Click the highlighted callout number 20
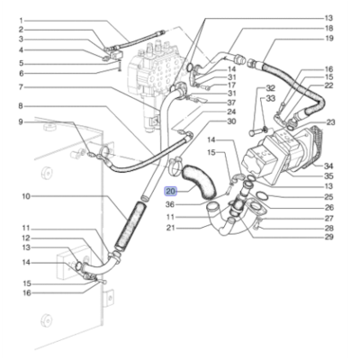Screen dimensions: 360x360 pyautogui.click(x=171, y=191)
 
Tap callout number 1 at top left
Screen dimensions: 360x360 pyautogui.click(x=21, y=21)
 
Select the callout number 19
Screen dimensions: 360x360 pyautogui.click(x=328, y=39)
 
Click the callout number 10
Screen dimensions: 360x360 pyautogui.click(x=26, y=196)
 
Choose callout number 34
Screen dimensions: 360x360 pyautogui.click(x=328, y=166)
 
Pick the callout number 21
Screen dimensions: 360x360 pyautogui.click(x=171, y=228)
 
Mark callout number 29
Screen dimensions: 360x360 pyautogui.click(x=328, y=237)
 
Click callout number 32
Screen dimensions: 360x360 pyautogui.click(x=270, y=88)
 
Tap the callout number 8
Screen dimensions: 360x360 pyautogui.click(x=21, y=106)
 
